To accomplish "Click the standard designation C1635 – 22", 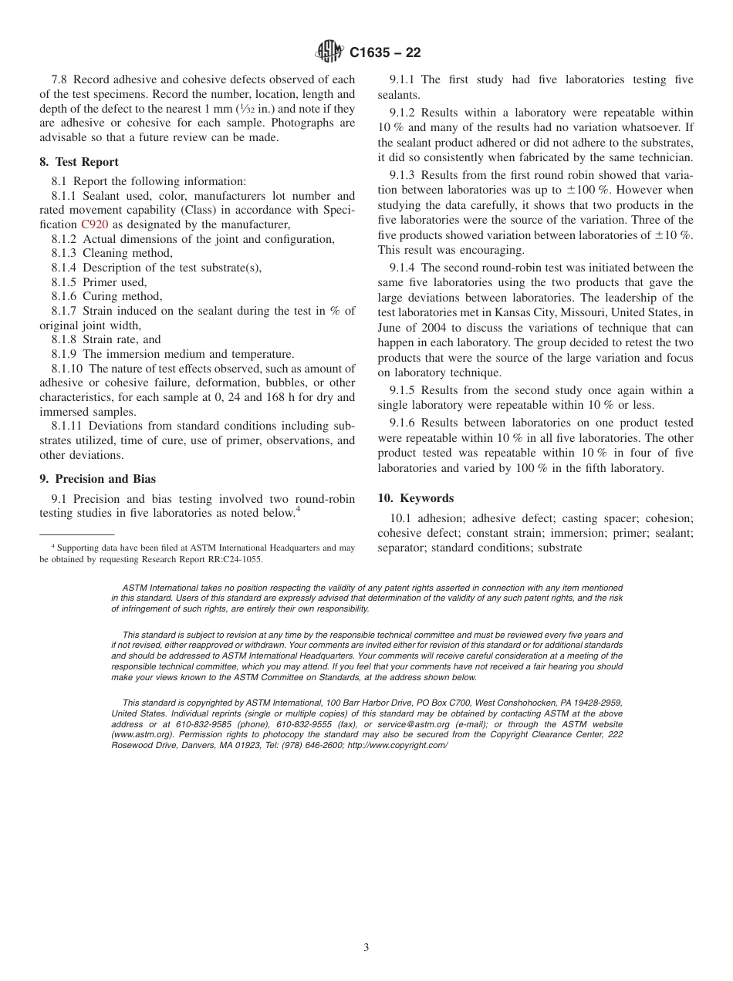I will pyautogui.click(x=385, y=53).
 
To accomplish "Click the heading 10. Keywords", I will pyautogui.click(x=415, y=498).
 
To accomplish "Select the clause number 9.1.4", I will pyautogui.click(x=404, y=268).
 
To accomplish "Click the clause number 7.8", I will pyautogui.click(x=61, y=79).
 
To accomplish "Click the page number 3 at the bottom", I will pyautogui.click(x=366, y=948).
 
